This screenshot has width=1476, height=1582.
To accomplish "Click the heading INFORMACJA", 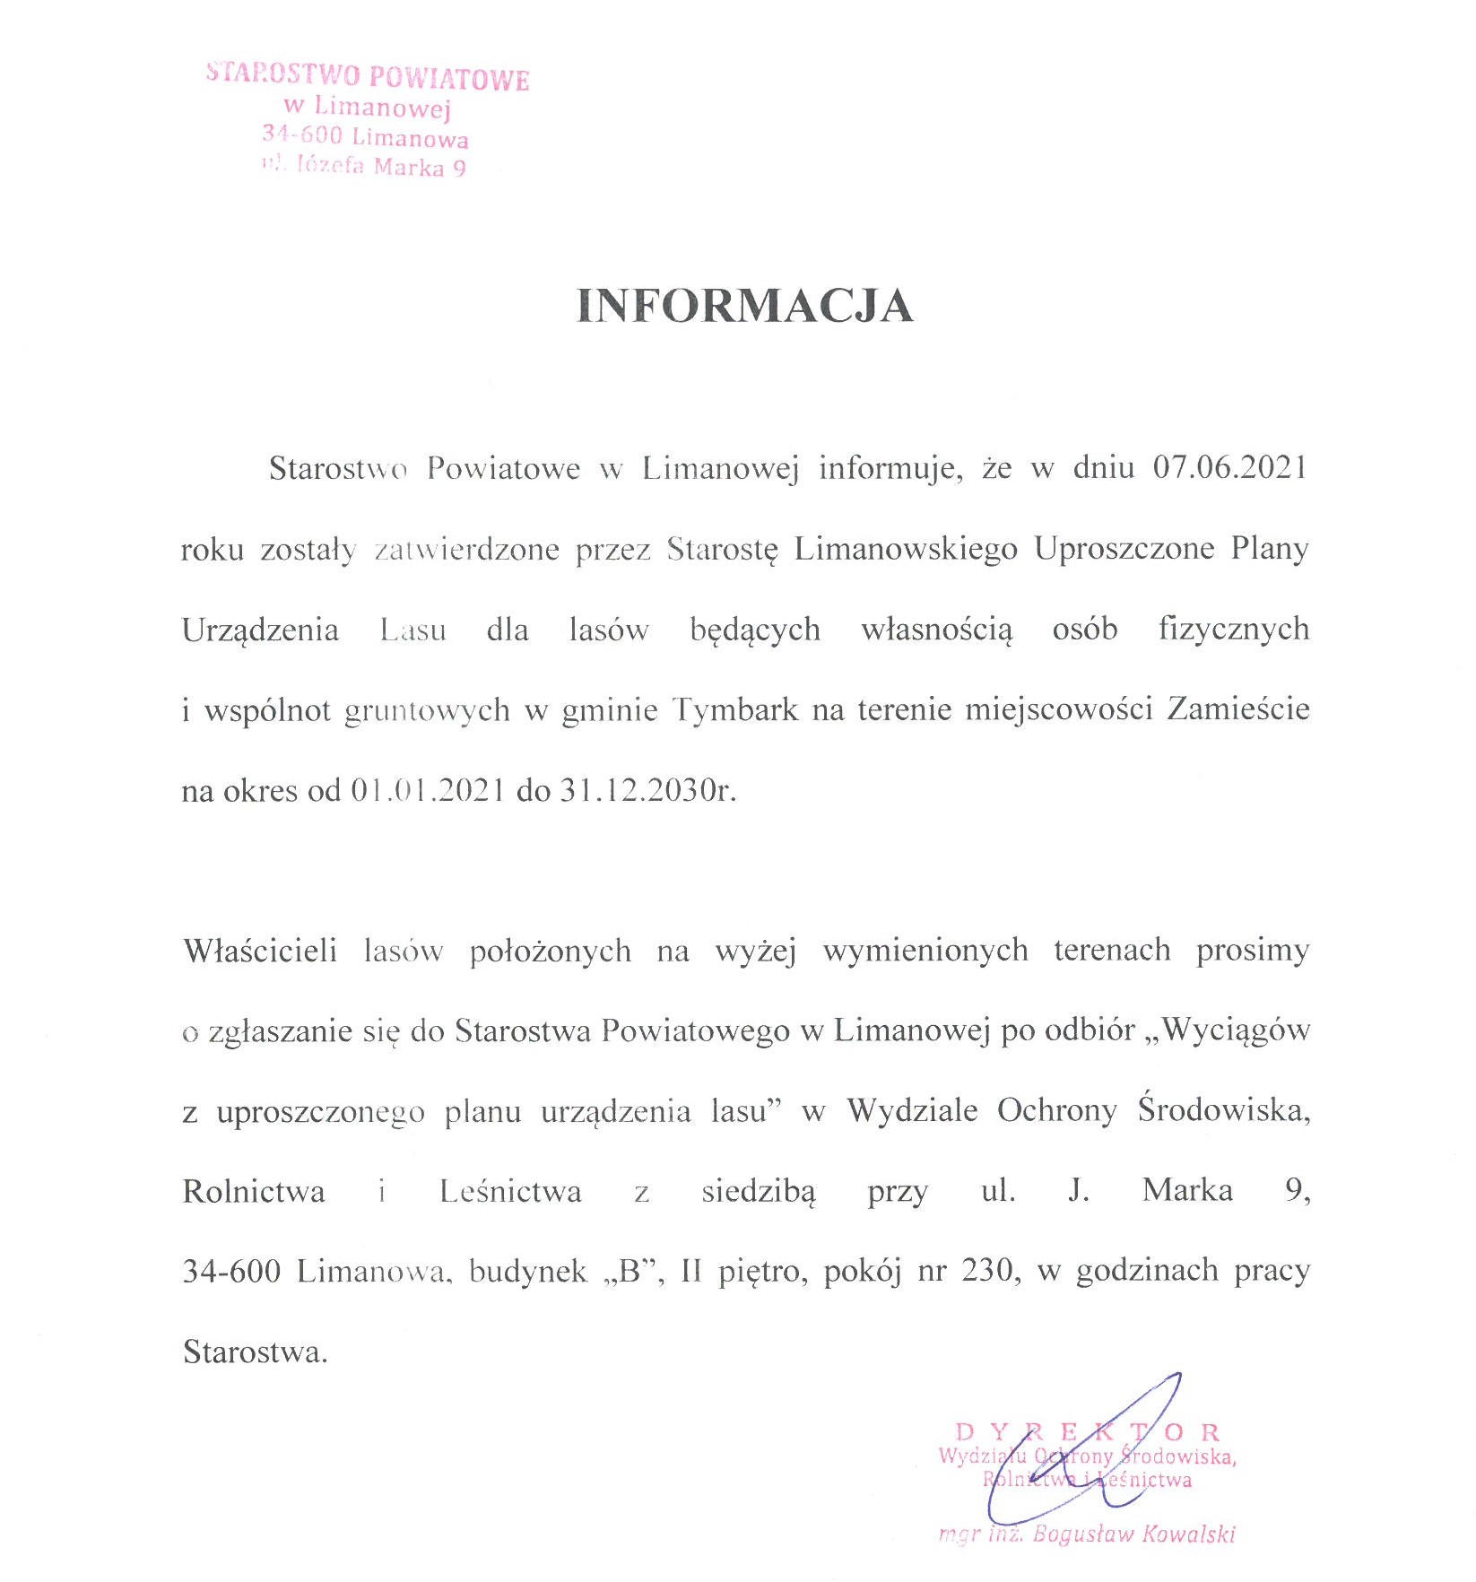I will (x=744, y=306).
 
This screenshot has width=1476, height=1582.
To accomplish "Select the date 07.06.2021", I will (x=1229, y=468).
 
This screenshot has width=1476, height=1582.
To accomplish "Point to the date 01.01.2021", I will (x=427, y=791).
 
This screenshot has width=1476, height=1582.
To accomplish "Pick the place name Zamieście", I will (x=1237, y=710).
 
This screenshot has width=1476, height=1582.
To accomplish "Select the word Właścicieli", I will (x=260, y=951).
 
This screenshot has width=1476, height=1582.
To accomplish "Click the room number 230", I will (x=990, y=1272).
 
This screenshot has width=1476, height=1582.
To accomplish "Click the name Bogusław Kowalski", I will (x=1133, y=1534).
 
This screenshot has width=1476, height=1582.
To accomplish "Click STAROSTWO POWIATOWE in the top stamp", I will (x=368, y=76).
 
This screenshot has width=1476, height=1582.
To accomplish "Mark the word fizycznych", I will (x=1233, y=630).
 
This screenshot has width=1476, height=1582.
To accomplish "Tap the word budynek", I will (x=527, y=1272).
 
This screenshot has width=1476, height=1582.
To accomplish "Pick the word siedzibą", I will (x=759, y=1192).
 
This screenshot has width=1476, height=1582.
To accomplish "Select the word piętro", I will (x=762, y=1272).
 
